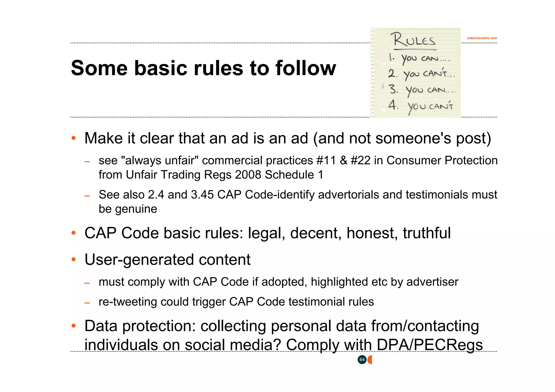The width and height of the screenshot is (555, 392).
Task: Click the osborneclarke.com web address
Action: pyautogui.click(x=482, y=38)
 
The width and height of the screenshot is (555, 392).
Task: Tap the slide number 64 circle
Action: pyautogui.click(x=362, y=360)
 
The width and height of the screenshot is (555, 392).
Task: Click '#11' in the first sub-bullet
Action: pyautogui.click(x=326, y=160)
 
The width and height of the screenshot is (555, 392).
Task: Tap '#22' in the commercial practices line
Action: pyautogui.click(x=360, y=160)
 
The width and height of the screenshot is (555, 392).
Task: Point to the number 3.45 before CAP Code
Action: pyautogui.click(x=202, y=194)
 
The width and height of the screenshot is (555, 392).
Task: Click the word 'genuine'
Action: pyautogui.click(x=136, y=209)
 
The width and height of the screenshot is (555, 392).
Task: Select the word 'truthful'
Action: pyautogui.click(x=427, y=233)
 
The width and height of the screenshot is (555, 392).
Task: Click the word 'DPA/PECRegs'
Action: pyautogui.click(x=430, y=345)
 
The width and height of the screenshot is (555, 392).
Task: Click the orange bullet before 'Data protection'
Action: pyautogui.click(x=73, y=325)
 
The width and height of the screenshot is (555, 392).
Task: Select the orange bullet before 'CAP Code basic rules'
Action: pyautogui.click(x=73, y=233)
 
